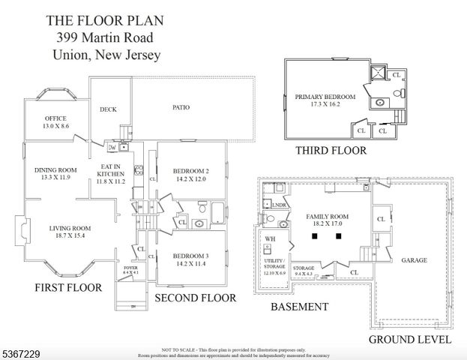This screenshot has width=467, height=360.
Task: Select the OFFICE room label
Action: tap(55, 118)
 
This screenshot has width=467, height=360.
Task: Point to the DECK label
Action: tap(108, 109)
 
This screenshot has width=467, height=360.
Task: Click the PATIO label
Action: tap(181, 107)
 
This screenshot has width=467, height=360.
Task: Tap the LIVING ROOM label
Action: tap(70, 228)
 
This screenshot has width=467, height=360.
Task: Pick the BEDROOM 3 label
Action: tap(190, 255)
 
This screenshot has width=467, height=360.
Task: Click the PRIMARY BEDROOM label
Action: tap(325, 97)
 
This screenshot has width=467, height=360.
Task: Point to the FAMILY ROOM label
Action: tap(328, 216)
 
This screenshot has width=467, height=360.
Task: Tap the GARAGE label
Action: tap(414, 260)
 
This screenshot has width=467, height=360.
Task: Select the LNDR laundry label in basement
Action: tap(280, 205)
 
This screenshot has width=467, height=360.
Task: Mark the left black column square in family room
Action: tap(316, 235)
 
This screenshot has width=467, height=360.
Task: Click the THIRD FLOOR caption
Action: tap(331, 151)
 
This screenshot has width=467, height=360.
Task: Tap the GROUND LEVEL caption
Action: tap(409, 339)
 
